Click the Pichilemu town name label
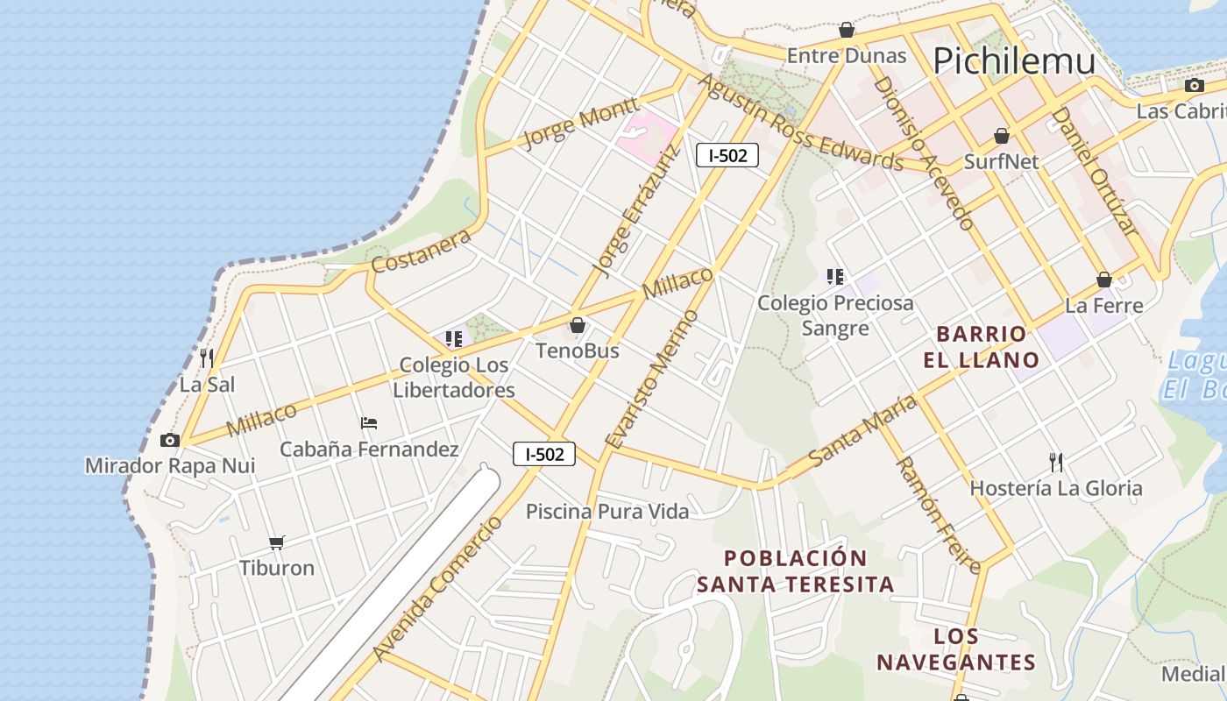click(1014, 61)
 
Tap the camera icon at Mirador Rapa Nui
click(170, 440)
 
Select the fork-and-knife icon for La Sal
click(207, 358)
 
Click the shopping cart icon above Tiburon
click(277, 542)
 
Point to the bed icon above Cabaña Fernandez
click(369, 423)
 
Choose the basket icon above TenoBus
click(578, 326)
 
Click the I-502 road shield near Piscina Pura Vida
click(544, 454)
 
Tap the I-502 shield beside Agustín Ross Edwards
click(727, 156)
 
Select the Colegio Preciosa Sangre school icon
click(835, 277)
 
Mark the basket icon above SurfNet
click(1002, 136)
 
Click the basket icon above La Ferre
click(1104, 280)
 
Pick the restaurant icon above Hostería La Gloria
click(1056, 462)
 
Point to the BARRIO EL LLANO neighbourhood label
click(981, 347)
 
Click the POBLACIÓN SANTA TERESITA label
click(796, 571)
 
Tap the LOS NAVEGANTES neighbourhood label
click(956, 649)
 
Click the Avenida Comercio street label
click(437, 589)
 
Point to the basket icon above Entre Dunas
click(847, 31)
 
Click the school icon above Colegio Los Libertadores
click(454, 338)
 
